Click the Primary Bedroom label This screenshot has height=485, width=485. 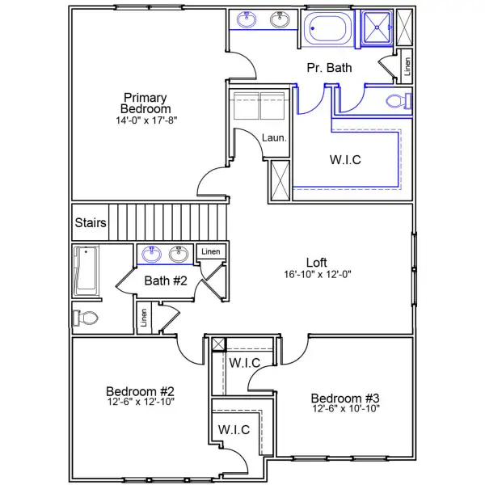(145, 103)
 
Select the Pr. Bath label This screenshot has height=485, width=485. (329, 69)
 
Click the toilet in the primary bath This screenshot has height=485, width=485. (399, 101)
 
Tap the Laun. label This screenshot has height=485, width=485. (274, 138)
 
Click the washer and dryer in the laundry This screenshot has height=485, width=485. (256, 106)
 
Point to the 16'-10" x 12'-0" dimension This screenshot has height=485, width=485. (316, 274)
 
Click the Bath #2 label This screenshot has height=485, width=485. (166, 281)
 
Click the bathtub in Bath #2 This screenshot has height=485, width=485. (85, 271)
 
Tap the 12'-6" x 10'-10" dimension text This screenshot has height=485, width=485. (345, 409)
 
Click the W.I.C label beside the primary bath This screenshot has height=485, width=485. (345, 159)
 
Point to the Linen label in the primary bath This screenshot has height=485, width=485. (406, 66)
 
